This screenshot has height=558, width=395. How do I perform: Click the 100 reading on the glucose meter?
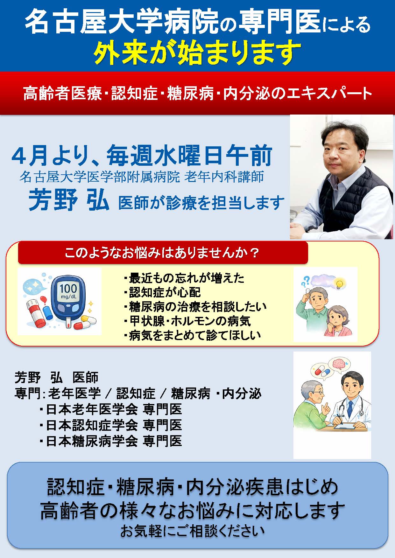[x=68, y=289]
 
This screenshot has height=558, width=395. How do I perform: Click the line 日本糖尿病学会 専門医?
[x=111, y=441]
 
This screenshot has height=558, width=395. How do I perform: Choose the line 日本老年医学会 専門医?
[x=111, y=409]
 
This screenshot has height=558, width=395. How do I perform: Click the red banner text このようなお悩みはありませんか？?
[x=162, y=253]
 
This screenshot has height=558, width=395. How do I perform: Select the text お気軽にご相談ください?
[x=192, y=531]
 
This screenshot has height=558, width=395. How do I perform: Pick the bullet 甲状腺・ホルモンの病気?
[x=187, y=321]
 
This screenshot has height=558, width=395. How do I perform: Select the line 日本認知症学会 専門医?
[x=111, y=425]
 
